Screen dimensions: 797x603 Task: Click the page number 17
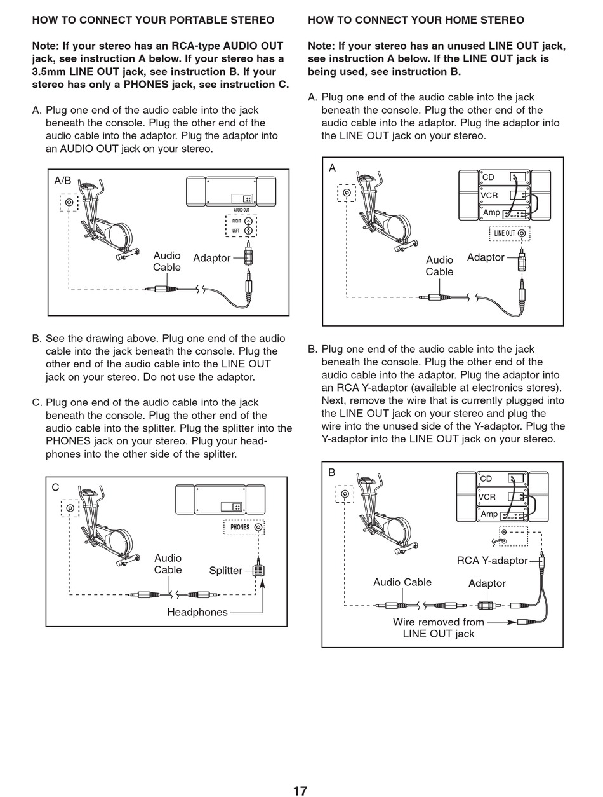(300, 791)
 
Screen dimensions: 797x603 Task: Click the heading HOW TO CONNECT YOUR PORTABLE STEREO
(153, 20)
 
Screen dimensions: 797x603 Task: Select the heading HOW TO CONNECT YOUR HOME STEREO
(416, 20)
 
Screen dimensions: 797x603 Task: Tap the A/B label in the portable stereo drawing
(63, 181)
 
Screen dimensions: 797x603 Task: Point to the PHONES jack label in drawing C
(240, 528)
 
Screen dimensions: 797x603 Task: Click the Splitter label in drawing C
(225, 571)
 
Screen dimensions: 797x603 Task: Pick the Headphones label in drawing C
(197, 612)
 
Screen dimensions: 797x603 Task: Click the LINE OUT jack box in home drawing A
(510, 233)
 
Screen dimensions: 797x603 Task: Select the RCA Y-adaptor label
(492, 561)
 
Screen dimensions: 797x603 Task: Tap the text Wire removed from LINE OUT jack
(439, 628)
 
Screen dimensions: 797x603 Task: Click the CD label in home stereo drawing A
(488, 177)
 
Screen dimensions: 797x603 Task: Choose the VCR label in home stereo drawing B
(487, 497)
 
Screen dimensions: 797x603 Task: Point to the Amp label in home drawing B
(489, 514)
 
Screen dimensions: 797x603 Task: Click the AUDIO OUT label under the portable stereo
(241, 210)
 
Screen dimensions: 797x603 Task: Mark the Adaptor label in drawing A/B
(211, 258)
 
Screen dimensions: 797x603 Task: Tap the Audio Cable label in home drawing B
(402, 582)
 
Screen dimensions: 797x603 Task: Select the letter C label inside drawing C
(55, 487)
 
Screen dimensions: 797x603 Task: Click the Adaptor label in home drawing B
(487, 583)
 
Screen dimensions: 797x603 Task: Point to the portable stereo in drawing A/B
(231, 191)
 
